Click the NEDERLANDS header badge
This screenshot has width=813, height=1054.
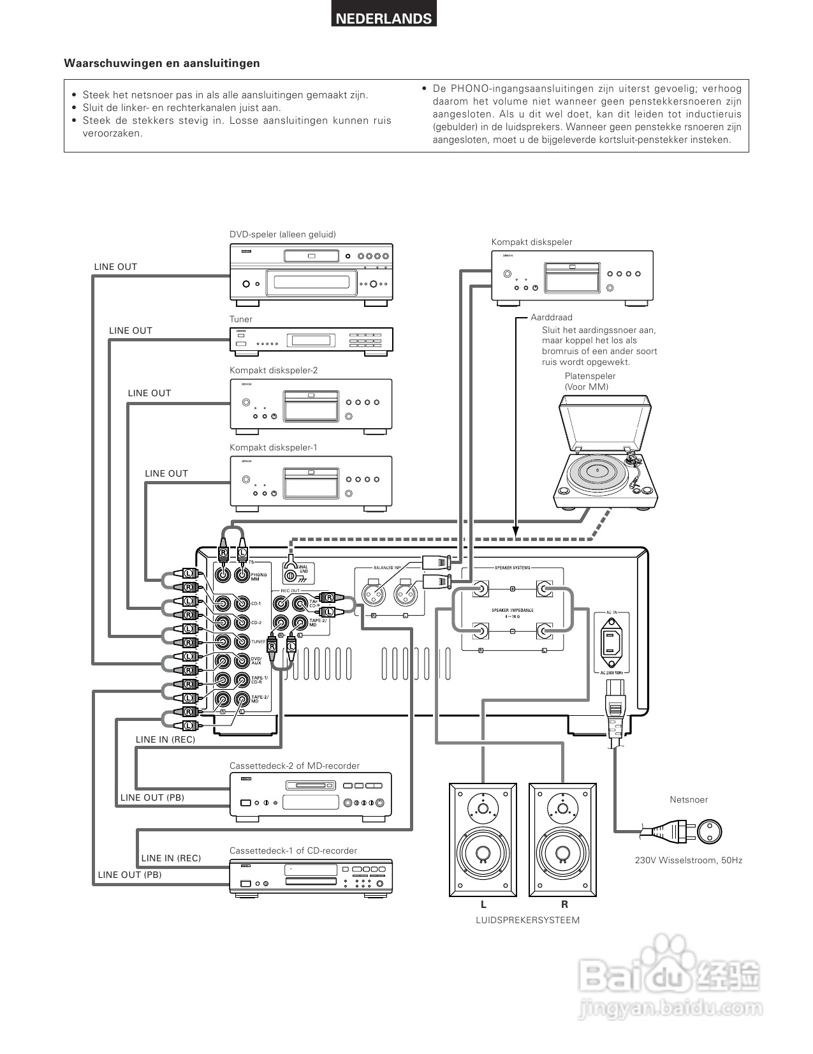point(384,19)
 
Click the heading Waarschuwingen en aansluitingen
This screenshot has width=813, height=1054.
point(162,63)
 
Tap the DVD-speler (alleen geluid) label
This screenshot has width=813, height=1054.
point(282,234)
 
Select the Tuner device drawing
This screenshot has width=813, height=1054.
point(311,339)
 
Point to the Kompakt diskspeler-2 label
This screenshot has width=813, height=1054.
point(274,370)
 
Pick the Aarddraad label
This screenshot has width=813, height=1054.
point(552,317)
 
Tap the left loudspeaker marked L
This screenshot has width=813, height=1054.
point(483,839)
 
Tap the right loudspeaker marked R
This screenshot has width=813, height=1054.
point(564,839)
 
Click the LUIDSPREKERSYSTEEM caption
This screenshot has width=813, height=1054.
point(527,920)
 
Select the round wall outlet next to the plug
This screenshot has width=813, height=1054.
point(708,831)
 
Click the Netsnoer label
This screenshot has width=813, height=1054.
point(689,799)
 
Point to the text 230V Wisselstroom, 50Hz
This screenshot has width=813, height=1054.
point(689,860)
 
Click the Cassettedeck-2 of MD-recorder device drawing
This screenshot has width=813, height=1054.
point(311,794)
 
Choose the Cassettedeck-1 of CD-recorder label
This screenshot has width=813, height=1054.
point(293,850)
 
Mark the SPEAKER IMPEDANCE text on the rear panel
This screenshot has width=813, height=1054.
point(512,610)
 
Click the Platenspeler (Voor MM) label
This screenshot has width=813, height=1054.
point(590,381)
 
